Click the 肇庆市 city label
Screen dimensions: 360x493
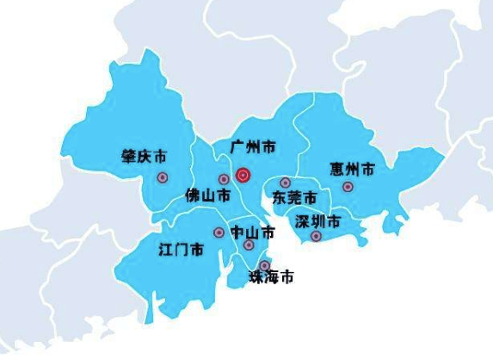coord(145,157)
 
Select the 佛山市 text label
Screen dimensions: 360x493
coord(207,196)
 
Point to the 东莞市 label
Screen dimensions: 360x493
coord(294,197)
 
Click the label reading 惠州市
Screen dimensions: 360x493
coord(352,167)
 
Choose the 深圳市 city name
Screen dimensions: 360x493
coord(318,221)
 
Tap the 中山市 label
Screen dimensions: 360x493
coord(253,232)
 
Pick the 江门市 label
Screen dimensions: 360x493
coord(181,250)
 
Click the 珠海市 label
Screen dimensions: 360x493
coord(271,277)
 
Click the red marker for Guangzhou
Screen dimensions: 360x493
coord(243,175)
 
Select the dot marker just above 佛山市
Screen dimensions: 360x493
coord(224,179)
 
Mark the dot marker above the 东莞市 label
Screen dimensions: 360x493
coord(285,183)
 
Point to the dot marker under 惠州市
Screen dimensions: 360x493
coord(348,186)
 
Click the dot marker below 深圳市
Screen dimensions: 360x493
coord(316,236)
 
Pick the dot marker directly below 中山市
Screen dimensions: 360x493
coord(249,245)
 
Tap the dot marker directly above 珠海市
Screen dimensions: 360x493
coord(265,265)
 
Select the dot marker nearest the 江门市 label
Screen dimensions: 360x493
coord(218,233)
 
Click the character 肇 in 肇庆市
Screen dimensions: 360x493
coord(129,157)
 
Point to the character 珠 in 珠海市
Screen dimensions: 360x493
coord(256,277)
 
